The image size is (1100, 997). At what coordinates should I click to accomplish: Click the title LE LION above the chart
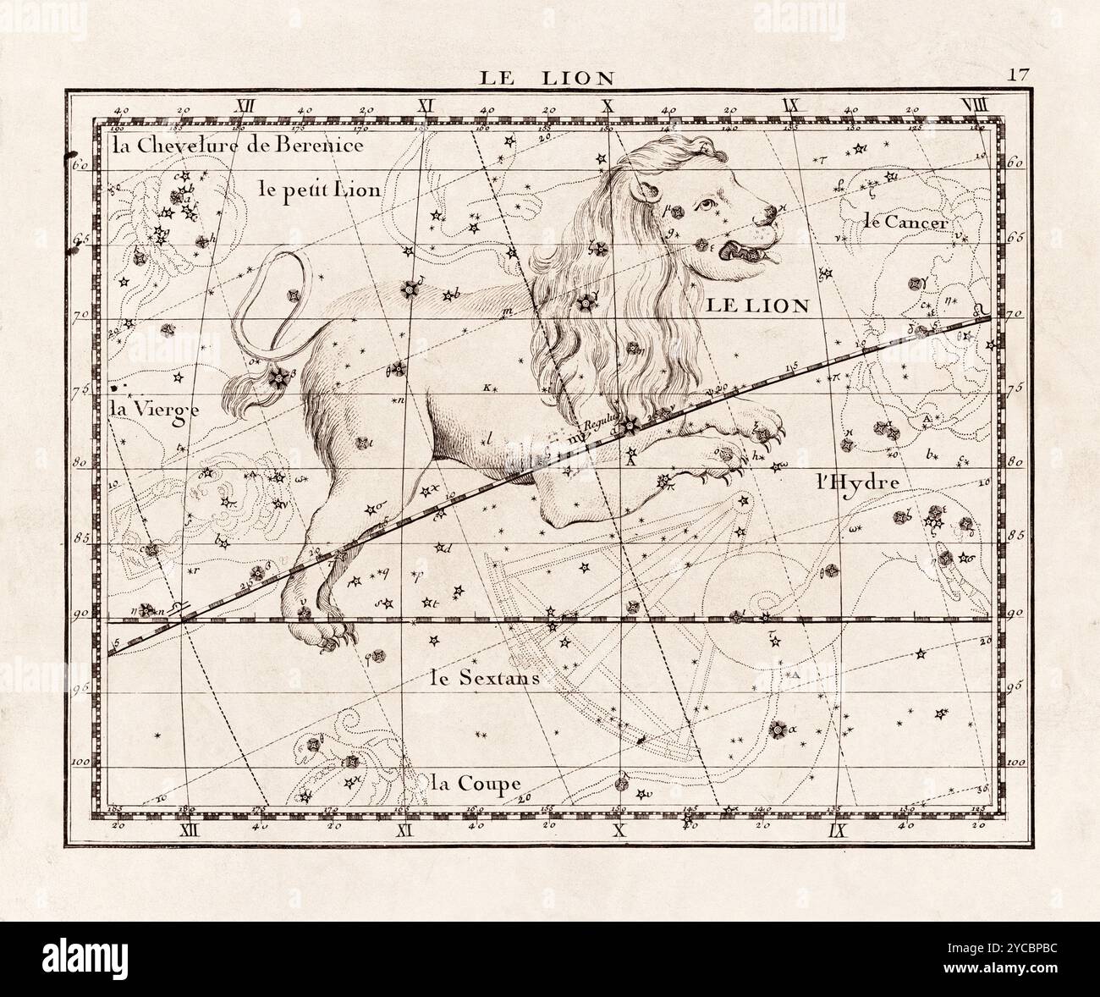coord(547,78)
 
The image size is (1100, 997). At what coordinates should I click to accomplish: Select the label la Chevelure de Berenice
coord(238,145)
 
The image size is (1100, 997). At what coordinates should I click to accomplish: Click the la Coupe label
coord(475,783)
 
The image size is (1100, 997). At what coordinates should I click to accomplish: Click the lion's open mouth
coord(753,251)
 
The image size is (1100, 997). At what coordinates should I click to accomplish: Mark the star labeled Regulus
coord(629,426)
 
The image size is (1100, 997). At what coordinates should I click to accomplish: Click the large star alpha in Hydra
coord(777,729)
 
